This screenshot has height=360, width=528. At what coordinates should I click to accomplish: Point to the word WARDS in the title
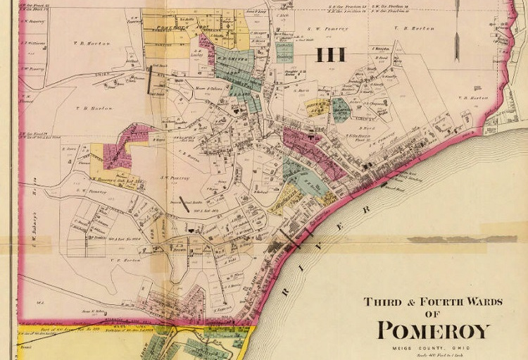point(484,302)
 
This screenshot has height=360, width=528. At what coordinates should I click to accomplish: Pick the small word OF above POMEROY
point(432,314)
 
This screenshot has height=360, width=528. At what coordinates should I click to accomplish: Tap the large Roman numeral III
point(329,54)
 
